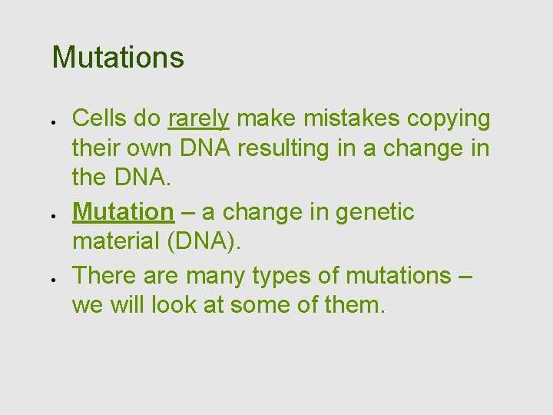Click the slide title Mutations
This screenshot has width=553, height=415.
(x=118, y=58)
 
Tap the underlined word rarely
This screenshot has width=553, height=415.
(x=198, y=118)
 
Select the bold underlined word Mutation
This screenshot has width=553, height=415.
(x=123, y=212)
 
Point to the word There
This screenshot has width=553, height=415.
(x=102, y=275)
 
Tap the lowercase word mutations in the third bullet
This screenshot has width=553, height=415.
(x=398, y=275)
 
